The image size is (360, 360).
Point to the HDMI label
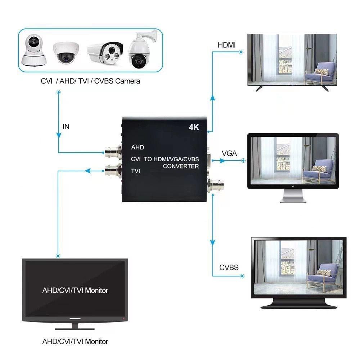point(226,45)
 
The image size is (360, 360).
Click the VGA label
point(229,153)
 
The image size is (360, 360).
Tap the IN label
point(66,127)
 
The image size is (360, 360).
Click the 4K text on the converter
point(194,127)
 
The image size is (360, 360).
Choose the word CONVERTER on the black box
point(181,166)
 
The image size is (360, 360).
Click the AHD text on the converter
point(138,147)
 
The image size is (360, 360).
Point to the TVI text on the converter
point(135,171)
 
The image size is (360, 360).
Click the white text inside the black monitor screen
point(75,290)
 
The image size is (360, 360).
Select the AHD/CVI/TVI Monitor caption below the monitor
point(75,341)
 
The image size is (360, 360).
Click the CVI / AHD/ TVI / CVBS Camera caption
point(90,81)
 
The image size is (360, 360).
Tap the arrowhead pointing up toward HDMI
point(212,98)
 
